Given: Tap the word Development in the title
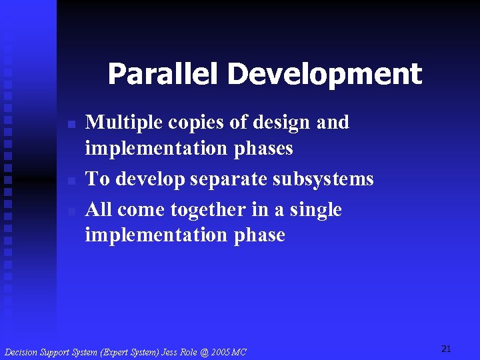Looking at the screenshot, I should pos(325,75).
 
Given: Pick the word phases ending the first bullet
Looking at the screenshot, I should pos(263,149).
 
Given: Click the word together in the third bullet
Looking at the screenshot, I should pos(208,210).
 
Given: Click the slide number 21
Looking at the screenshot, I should pos(447,349).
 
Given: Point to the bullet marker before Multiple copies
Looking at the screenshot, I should pos(73,125).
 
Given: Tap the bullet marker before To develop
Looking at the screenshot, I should pos(73,181).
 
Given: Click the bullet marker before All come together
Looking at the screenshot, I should pos(73,211).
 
